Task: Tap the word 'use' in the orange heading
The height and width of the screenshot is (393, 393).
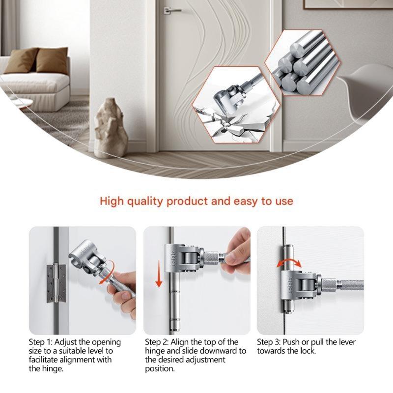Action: click(x=283, y=201)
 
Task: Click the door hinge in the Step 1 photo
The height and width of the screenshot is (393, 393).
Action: click(x=56, y=283)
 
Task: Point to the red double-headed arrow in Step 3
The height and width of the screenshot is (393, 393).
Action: click(x=288, y=261)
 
